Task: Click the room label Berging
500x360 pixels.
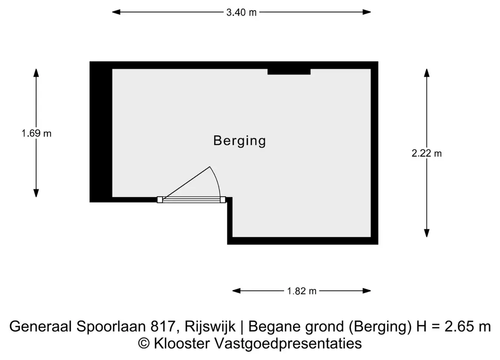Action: (239, 141)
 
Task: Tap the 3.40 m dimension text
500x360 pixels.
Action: (241, 12)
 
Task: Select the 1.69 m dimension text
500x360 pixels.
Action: (36, 133)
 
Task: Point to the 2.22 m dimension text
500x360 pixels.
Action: (426, 154)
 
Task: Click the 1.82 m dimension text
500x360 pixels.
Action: (302, 291)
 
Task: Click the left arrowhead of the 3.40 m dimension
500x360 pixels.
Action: (116, 12)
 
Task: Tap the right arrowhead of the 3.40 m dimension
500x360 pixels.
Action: (367, 12)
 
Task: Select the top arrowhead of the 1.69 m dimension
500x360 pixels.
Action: (36, 73)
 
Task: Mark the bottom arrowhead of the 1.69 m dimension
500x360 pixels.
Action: (36, 193)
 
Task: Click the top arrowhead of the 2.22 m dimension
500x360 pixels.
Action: (427, 73)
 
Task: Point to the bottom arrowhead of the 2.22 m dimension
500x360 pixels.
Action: (427, 233)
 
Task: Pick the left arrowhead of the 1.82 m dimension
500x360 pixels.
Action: (236, 291)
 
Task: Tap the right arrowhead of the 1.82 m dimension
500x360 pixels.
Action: (367, 291)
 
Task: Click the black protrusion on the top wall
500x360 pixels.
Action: (289, 72)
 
